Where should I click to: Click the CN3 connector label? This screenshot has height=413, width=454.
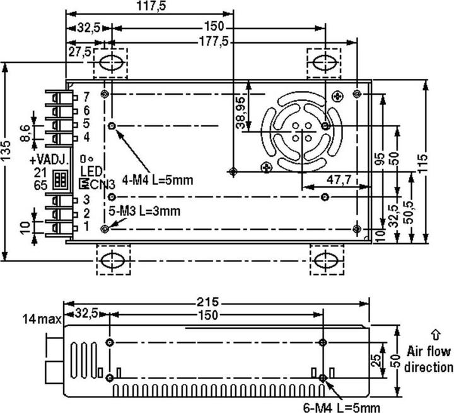(102, 184)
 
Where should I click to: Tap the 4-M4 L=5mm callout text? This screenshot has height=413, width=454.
(158, 180)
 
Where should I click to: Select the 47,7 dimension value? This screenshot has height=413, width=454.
(339, 180)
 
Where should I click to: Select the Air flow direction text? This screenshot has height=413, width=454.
(429, 359)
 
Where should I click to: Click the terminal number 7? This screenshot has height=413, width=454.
(86, 96)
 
